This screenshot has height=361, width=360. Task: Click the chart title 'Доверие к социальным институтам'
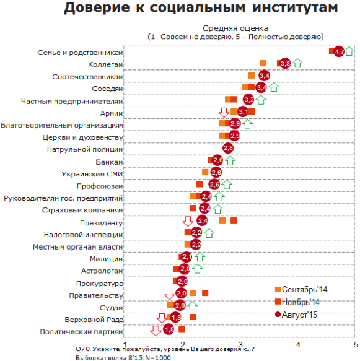pos(201,7)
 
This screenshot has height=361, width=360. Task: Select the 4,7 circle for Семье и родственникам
pos(339,51)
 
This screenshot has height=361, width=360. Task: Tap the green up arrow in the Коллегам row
pos(297,63)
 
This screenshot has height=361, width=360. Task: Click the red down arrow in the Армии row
pos(224,112)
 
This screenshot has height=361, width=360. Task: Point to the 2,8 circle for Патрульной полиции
pos(228,148)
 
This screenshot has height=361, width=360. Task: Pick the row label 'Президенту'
pos(101,223)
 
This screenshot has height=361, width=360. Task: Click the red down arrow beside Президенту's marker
pos(188,221)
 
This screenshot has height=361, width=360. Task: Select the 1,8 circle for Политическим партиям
pos(169,329)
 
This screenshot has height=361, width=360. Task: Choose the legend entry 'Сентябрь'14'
pos(301,289)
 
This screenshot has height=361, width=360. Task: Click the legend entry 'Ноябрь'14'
pos(297,302)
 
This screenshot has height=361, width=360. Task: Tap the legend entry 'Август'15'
pos(296,315)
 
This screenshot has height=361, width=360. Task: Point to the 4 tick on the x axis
pos(298,345)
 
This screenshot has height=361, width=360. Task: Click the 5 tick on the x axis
pos(356,345)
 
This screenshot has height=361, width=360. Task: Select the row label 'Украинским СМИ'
pos(92,174)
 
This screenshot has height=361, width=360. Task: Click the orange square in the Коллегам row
pos(263,63)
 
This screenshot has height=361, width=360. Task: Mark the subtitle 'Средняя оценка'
pos(235,28)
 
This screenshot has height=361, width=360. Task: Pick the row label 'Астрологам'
pos(102,271)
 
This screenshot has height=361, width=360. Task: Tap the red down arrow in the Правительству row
pos(169,295)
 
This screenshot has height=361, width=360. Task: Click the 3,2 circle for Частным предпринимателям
pos(248,100)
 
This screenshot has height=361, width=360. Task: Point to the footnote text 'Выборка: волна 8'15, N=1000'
pos(123,358)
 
